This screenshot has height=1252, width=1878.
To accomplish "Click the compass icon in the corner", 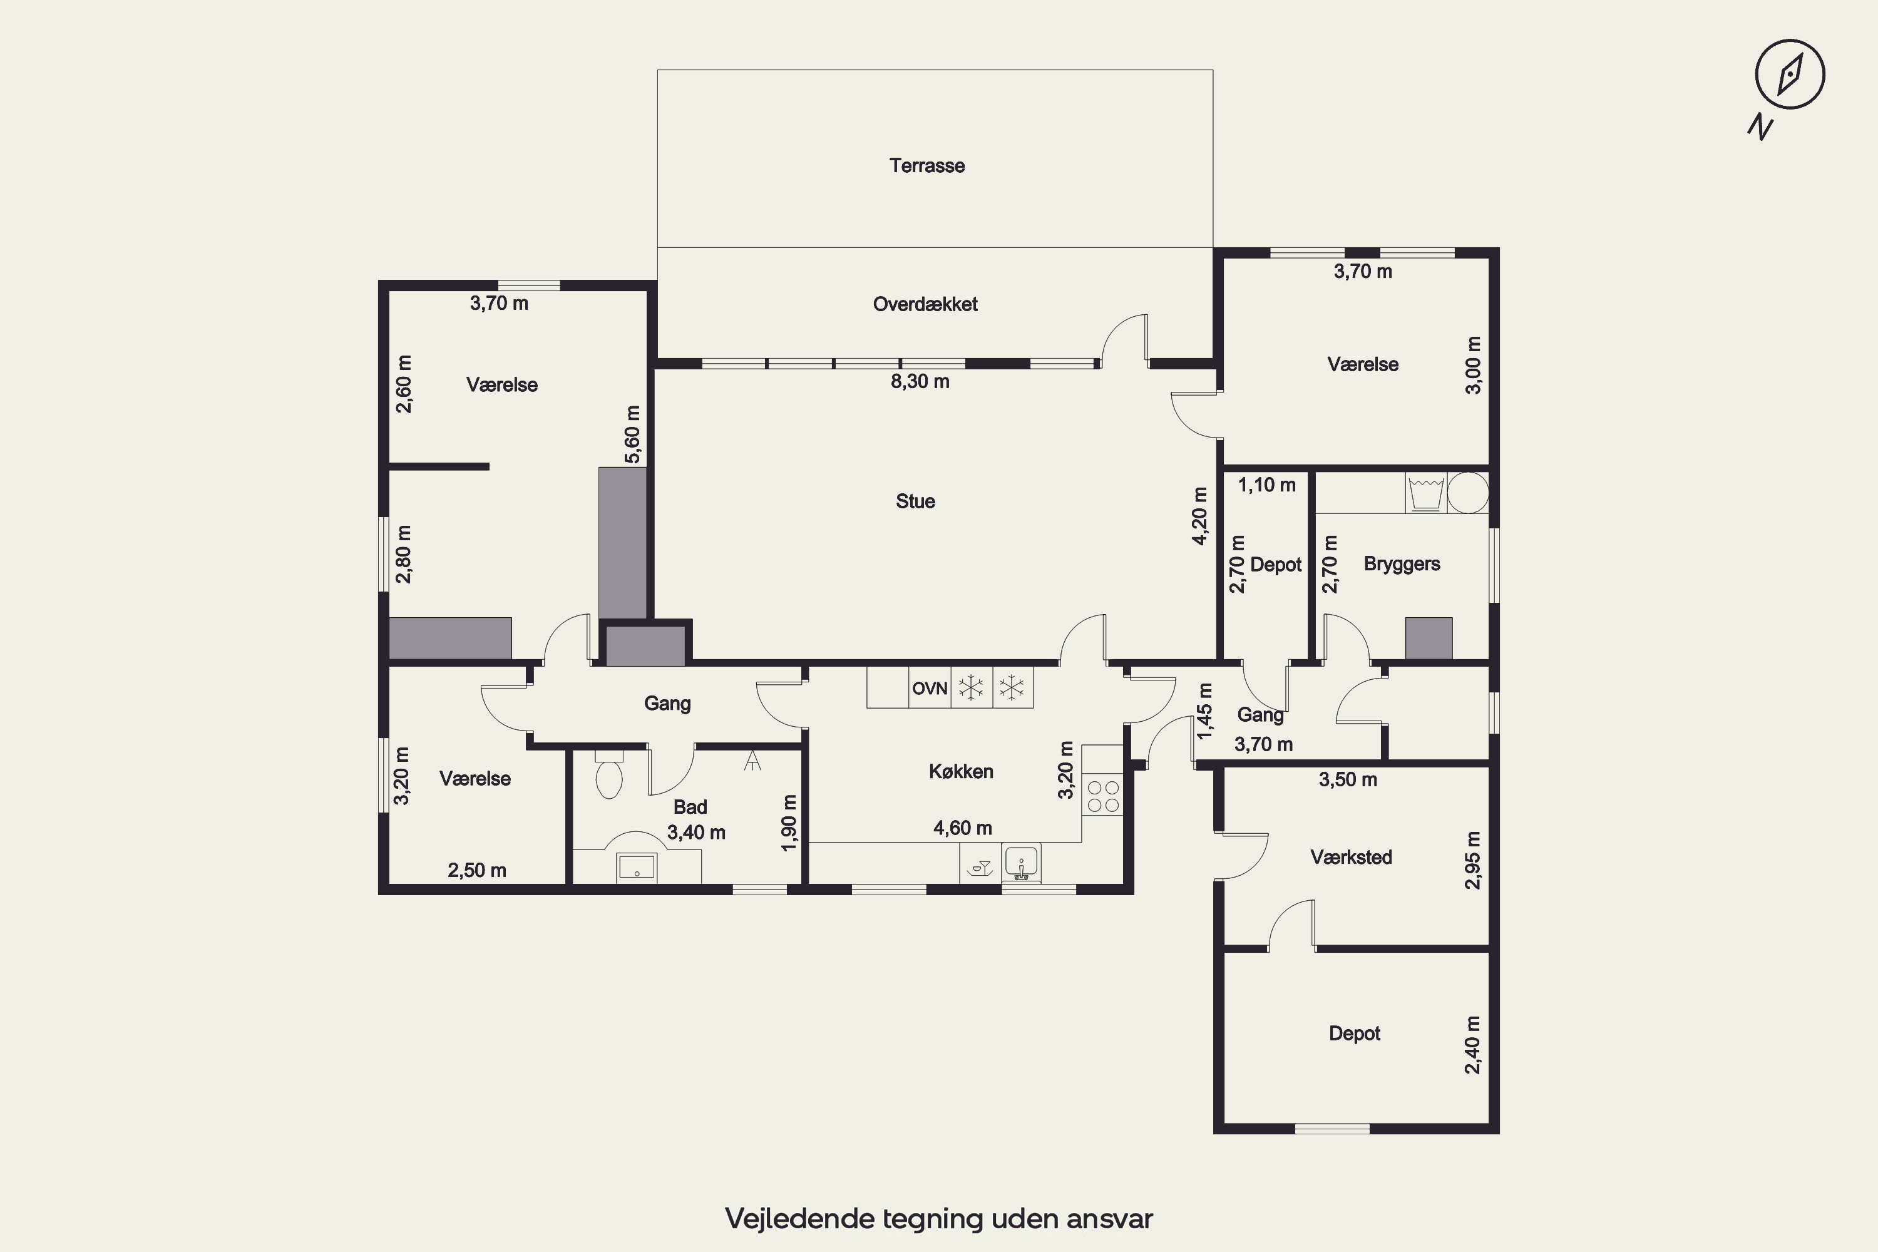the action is click(x=1789, y=73).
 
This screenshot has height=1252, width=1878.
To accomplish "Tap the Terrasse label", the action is click(x=927, y=165).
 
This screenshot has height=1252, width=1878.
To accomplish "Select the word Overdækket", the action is click(x=925, y=304).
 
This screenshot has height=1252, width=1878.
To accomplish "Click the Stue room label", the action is click(x=915, y=501).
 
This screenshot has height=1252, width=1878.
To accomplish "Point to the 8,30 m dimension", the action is click(x=920, y=382).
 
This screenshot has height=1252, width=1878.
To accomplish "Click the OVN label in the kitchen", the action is click(x=930, y=688).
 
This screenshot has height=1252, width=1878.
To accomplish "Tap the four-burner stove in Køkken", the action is click(x=1102, y=795).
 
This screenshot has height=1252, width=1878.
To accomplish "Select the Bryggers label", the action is click(x=1402, y=564).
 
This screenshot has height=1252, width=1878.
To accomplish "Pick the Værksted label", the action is click(x=1351, y=857).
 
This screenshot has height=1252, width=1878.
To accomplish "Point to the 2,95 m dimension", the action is click(x=1473, y=860).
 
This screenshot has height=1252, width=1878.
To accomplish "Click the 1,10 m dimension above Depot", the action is click(x=1266, y=485).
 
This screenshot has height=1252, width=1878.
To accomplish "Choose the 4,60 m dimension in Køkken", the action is click(x=962, y=828).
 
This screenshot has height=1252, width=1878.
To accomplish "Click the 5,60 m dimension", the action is click(x=632, y=434).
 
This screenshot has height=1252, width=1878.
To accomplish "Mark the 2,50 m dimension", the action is click(x=476, y=870).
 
